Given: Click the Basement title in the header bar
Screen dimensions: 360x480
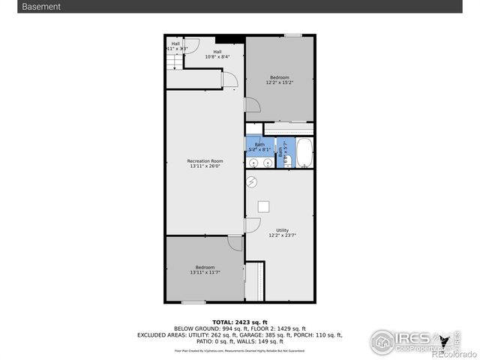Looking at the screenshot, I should (x=41, y=7).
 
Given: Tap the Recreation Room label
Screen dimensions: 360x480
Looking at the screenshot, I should (x=205, y=161).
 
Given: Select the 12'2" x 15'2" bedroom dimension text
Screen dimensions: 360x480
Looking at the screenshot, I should (x=280, y=82).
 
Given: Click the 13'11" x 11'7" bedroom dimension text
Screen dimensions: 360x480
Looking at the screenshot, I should (x=205, y=273).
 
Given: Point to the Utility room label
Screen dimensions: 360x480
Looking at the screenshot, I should (x=282, y=230).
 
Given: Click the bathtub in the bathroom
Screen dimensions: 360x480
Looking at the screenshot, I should (x=304, y=153).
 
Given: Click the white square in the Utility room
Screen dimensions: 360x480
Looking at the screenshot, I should (x=264, y=207).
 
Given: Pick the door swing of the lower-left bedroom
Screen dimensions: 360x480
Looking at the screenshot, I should (x=235, y=243).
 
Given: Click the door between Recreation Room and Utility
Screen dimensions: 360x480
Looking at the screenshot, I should (x=252, y=225).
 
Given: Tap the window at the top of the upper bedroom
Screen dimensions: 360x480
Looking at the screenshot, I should (x=292, y=35).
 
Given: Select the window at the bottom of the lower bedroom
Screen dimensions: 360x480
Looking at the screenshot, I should (x=193, y=302).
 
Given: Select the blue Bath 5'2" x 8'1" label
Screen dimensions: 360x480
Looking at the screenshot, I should (x=259, y=147).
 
